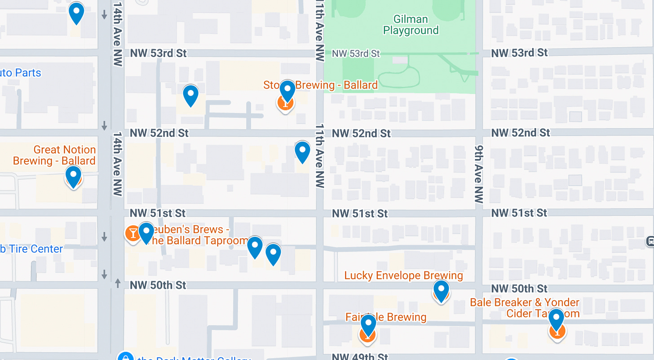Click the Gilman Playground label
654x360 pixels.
(411, 25)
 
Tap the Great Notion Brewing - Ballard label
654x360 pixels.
(54, 155)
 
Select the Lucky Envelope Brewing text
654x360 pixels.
(403, 276)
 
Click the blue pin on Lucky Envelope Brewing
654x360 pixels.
(441, 289)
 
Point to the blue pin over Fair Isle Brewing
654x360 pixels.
(368, 324)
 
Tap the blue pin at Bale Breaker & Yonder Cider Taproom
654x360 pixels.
(556, 318)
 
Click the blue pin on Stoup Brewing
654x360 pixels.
(287, 90)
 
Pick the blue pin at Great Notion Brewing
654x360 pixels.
(73, 176)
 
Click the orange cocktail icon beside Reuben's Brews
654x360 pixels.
(133, 233)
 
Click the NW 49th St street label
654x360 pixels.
(360, 356)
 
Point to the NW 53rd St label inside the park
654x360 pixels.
(356, 54)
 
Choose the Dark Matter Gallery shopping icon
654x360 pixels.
(126, 356)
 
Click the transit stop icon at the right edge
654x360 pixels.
(650, 241)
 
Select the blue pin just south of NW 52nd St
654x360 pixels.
(302, 151)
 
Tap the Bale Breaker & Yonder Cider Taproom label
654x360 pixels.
(524, 308)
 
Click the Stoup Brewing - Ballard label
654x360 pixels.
(320, 85)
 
